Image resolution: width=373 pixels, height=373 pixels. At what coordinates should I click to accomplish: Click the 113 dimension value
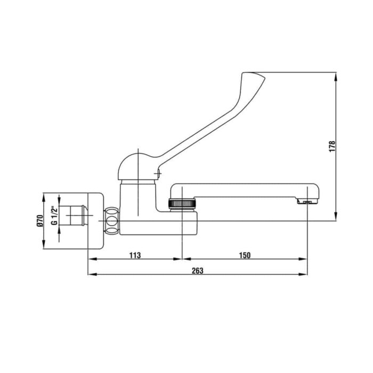click(135, 255)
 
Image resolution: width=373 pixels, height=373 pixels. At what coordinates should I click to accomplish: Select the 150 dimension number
click(245, 255)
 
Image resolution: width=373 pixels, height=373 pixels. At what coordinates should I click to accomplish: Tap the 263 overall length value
click(198, 271)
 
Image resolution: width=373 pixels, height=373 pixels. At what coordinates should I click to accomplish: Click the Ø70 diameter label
click(40, 221)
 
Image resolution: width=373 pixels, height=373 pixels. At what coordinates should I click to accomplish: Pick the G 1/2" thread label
click(54, 215)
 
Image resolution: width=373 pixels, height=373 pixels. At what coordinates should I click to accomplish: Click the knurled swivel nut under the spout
click(182, 204)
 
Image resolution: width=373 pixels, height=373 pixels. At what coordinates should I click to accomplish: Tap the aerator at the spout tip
click(307, 202)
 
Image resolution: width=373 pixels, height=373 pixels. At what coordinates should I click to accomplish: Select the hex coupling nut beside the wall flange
click(111, 221)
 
